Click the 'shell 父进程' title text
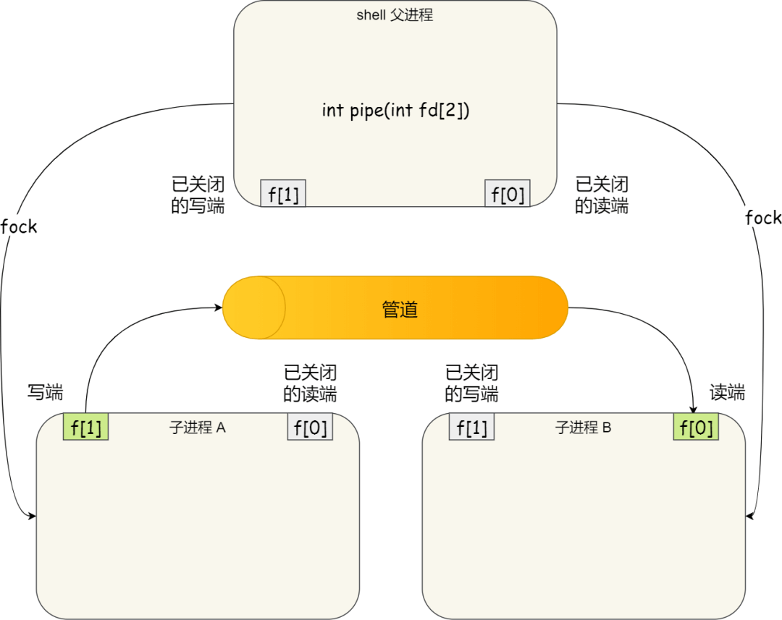coord(395,15)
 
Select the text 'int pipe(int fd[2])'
coord(395,111)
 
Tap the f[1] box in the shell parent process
coord(283,194)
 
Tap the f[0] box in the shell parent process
coord(507,194)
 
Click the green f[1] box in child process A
coord(85,428)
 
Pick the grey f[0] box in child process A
coord(310,428)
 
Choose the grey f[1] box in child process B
coord(471,428)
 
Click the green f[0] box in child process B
coord(696,428)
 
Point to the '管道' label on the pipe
coord(400,309)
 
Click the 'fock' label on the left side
coord(19,226)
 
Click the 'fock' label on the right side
coord(763,218)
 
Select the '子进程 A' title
coord(198,428)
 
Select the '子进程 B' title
coord(584,428)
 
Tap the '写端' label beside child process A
coord(45,393)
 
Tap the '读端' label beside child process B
coord(727,393)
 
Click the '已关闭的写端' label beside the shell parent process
coord(198,195)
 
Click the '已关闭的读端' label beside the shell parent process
coord(602,195)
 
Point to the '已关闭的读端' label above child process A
coord(310,383)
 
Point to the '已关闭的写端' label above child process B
coord(471,383)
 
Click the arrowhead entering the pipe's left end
coord(219,307)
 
